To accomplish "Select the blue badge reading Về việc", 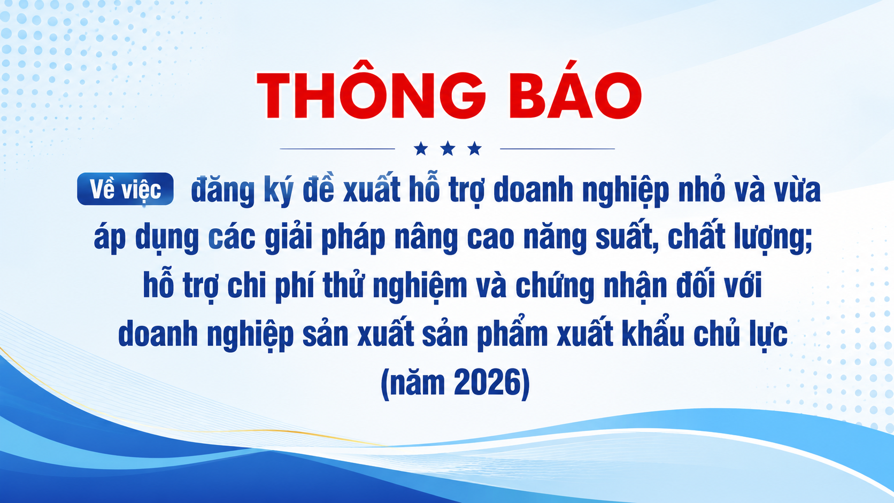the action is click(125, 189).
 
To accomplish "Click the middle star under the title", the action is click(448, 149).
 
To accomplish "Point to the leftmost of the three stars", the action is click(421, 149).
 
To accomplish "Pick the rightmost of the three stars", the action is click(475, 149).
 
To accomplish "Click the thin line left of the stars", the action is click(337, 149).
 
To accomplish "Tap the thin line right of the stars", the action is click(558, 149).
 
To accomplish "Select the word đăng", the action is click(223, 191).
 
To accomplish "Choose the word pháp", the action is click(353, 238).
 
